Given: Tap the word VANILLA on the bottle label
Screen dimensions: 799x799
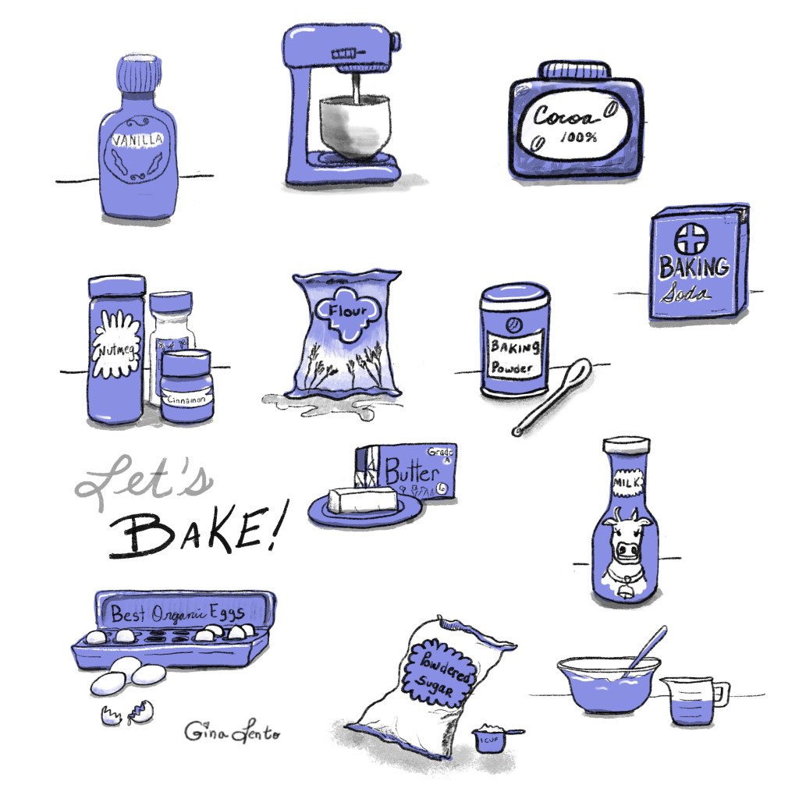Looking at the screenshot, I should click(x=137, y=141).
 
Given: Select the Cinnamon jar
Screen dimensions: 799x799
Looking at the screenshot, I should click(x=186, y=385).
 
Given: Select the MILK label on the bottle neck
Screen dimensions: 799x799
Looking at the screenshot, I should click(x=626, y=483).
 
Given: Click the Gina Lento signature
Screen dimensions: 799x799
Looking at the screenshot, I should click(x=230, y=731).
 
